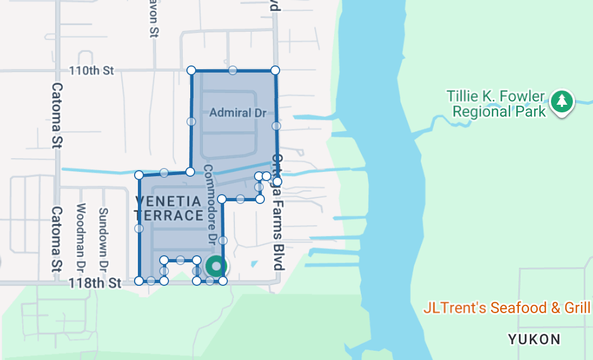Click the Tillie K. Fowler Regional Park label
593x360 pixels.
click(x=496, y=104)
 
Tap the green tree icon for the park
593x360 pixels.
click(x=561, y=101)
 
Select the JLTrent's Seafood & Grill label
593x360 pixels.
click(x=507, y=308)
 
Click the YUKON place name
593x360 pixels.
click(x=534, y=339)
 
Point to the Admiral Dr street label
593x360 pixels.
click(x=238, y=113)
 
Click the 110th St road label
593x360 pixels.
click(x=92, y=70)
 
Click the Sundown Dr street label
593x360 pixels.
click(x=103, y=240)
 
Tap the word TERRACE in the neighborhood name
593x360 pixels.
click(x=168, y=215)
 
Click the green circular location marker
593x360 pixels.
click(x=216, y=266)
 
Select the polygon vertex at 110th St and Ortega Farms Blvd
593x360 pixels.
click(x=275, y=70)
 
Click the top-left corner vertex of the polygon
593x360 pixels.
click(x=191, y=70)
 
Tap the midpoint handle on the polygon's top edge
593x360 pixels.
click(x=233, y=70)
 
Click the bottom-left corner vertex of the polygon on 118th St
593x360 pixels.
click(x=139, y=281)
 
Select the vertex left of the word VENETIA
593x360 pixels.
click(x=139, y=175)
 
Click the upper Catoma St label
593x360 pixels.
click(x=57, y=115)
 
